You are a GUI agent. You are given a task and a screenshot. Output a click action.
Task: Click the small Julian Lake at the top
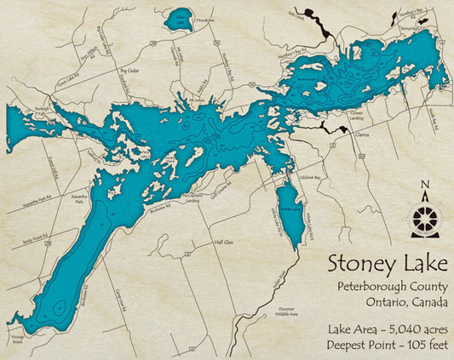tap(180, 20)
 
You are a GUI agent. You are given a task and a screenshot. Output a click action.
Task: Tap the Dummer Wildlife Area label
tap(284, 311)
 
